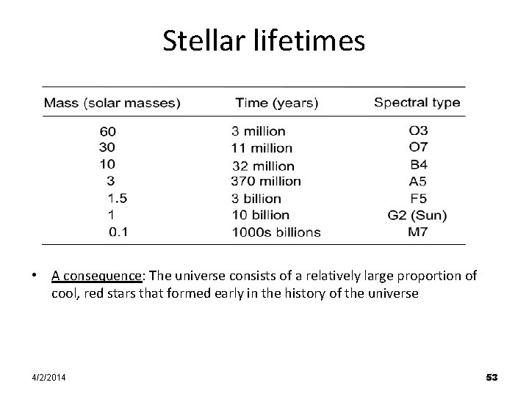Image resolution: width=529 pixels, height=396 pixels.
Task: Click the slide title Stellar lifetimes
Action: click(264, 41)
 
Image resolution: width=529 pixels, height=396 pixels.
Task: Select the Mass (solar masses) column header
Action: click(112, 103)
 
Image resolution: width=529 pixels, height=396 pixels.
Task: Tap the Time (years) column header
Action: click(276, 103)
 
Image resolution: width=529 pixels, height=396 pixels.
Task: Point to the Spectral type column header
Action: click(417, 103)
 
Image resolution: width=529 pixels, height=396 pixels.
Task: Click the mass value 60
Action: click(107, 132)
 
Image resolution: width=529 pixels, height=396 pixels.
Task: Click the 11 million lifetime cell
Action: click(262, 149)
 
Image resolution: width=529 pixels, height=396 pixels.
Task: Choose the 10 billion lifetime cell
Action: click(260, 216)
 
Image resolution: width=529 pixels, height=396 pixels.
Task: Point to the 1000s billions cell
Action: click(276, 232)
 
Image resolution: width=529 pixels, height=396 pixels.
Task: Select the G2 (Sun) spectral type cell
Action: click(417, 216)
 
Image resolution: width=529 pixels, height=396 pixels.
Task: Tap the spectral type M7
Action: click(418, 232)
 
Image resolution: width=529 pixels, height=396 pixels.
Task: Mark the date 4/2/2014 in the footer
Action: click(48, 377)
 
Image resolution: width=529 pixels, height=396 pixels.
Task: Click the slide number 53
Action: click(492, 377)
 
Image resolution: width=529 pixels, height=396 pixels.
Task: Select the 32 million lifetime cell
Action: click(262, 166)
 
